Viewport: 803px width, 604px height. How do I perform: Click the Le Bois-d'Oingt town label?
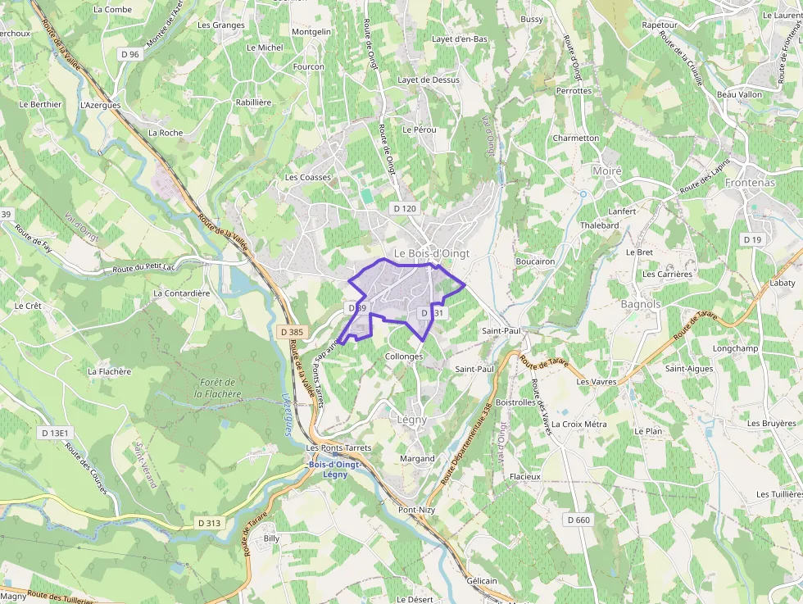pyautogui.click(x=432, y=253)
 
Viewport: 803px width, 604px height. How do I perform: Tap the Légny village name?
pyautogui.click(x=412, y=420)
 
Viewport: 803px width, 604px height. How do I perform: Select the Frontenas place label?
pyautogui.click(x=749, y=183)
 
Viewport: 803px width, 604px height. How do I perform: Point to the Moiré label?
pyautogui.click(x=606, y=170)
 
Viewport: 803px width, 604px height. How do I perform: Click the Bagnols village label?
pyautogui.click(x=641, y=304)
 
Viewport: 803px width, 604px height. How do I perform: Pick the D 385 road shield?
pyautogui.click(x=291, y=332)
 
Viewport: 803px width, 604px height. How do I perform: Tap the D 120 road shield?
pyautogui.click(x=404, y=209)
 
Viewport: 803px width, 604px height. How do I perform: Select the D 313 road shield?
pyautogui.click(x=209, y=523)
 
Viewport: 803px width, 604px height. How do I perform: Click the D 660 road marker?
pyautogui.click(x=578, y=520)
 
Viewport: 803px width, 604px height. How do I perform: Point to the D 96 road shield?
pyautogui.click(x=129, y=54)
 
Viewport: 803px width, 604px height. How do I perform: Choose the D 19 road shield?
pyautogui.click(x=751, y=238)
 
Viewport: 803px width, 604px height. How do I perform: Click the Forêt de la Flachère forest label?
pyautogui.click(x=217, y=388)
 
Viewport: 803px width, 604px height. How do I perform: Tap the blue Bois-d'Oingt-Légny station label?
pyautogui.click(x=335, y=470)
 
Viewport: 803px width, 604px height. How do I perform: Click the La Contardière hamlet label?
pyautogui.click(x=182, y=293)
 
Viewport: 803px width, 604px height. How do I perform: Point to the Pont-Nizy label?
pyautogui.click(x=416, y=510)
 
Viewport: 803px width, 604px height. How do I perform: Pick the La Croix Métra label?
pyautogui.click(x=579, y=424)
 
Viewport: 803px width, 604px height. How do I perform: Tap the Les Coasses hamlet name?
pyautogui.click(x=308, y=177)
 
